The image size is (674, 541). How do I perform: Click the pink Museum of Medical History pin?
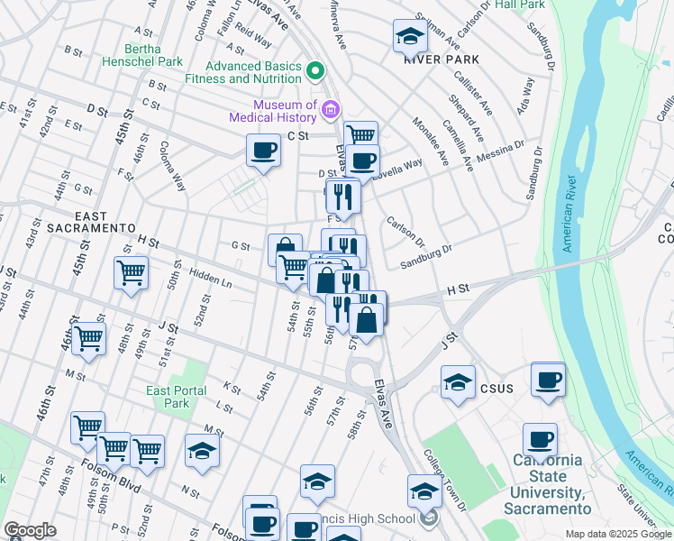(x=330, y=111)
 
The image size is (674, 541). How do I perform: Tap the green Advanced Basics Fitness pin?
(x=315, y=70)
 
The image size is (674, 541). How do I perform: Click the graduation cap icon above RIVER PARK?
(x=410, y=38)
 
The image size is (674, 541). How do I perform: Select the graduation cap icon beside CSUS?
(x=458, y=382)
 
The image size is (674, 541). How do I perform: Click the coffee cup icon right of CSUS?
(x=548, y=379)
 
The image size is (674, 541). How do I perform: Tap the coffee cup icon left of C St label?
(x=263, y=151)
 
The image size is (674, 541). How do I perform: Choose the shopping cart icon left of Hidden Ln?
(x=131, y=273)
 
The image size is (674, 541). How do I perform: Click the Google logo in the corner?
(x=30, y=530)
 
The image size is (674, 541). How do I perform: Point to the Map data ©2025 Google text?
(x=618, y=534)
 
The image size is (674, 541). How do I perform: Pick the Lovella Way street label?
(x=402, y=168)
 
